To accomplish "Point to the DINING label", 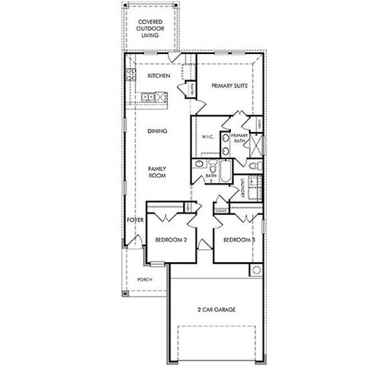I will click(x=157, y=131).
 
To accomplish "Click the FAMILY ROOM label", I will click(x=157, y=172).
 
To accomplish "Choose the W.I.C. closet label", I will click(x=207, y=136).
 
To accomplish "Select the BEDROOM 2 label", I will click(x=171, y=239).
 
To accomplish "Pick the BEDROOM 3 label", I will click(x=238, y=239).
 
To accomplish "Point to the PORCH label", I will click(x=143, y=280).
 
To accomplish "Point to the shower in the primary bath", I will click(x=256, y=142).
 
